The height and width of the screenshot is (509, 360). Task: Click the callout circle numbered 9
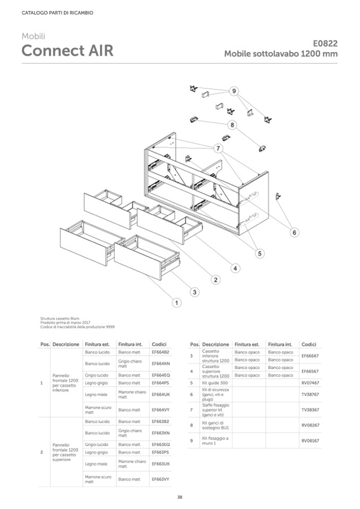234,91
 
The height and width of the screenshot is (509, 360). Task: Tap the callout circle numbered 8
232,125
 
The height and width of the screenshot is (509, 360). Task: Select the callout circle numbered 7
218,148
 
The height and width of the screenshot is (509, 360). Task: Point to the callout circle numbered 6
295,232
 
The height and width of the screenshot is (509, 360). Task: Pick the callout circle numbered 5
260,254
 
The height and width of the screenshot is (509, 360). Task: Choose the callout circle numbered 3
195,292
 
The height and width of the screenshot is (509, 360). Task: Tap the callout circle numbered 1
176,303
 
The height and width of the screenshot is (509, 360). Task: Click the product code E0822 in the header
325,44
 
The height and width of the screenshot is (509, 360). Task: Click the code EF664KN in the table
160,364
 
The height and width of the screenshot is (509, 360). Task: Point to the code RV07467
310,382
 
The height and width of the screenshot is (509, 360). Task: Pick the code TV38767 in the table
310,394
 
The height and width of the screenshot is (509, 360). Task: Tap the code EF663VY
160,479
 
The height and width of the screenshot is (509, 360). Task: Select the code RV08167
310,441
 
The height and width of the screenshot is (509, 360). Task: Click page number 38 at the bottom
179,497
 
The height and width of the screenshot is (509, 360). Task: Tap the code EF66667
310,356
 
